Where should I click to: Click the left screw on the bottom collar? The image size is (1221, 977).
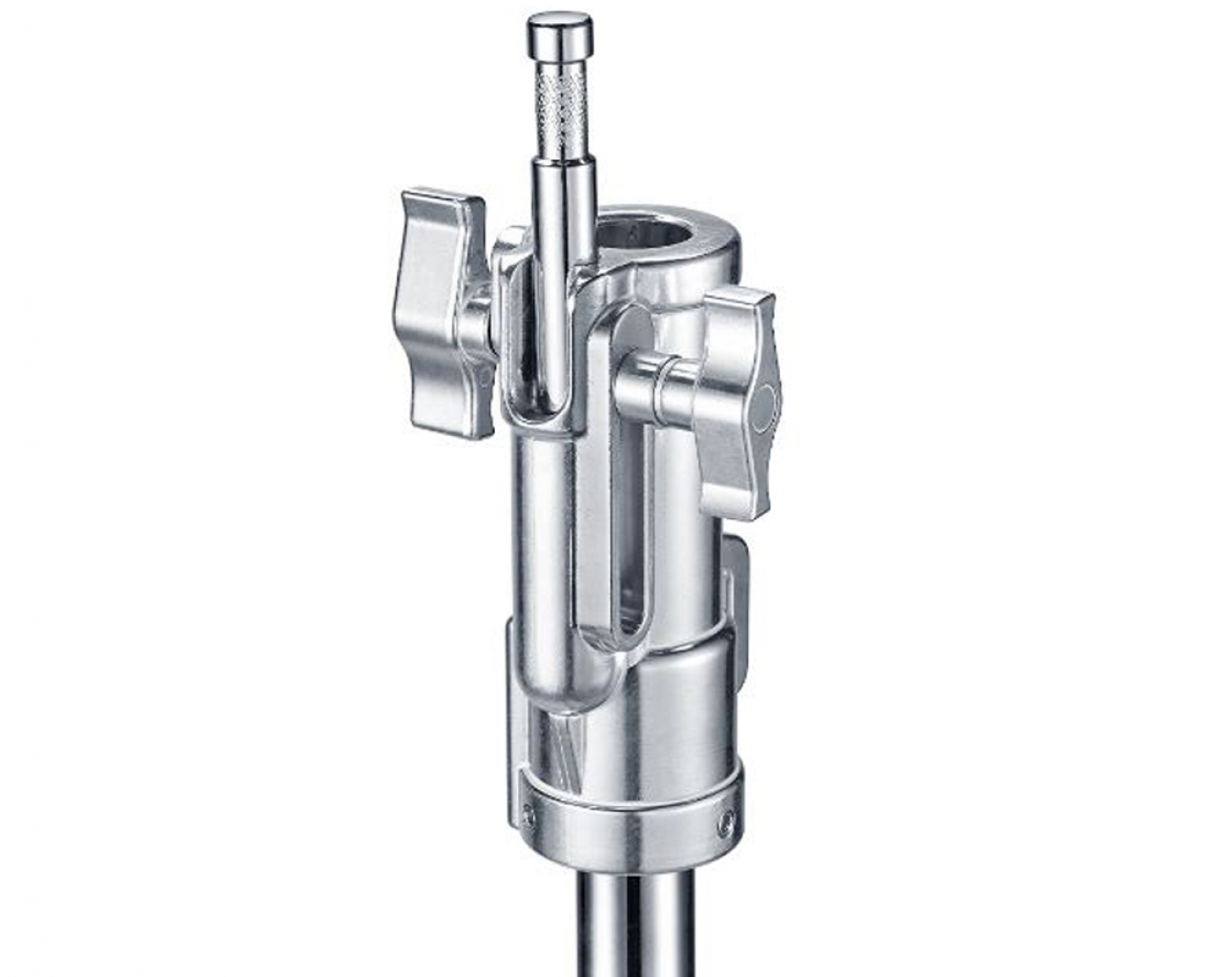tap(528, 813)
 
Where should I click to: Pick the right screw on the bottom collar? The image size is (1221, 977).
tap(728, 819)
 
